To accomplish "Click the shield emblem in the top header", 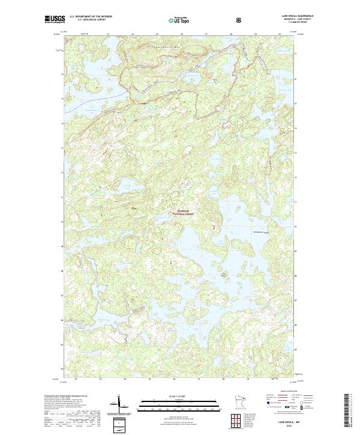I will pos(206,19).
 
